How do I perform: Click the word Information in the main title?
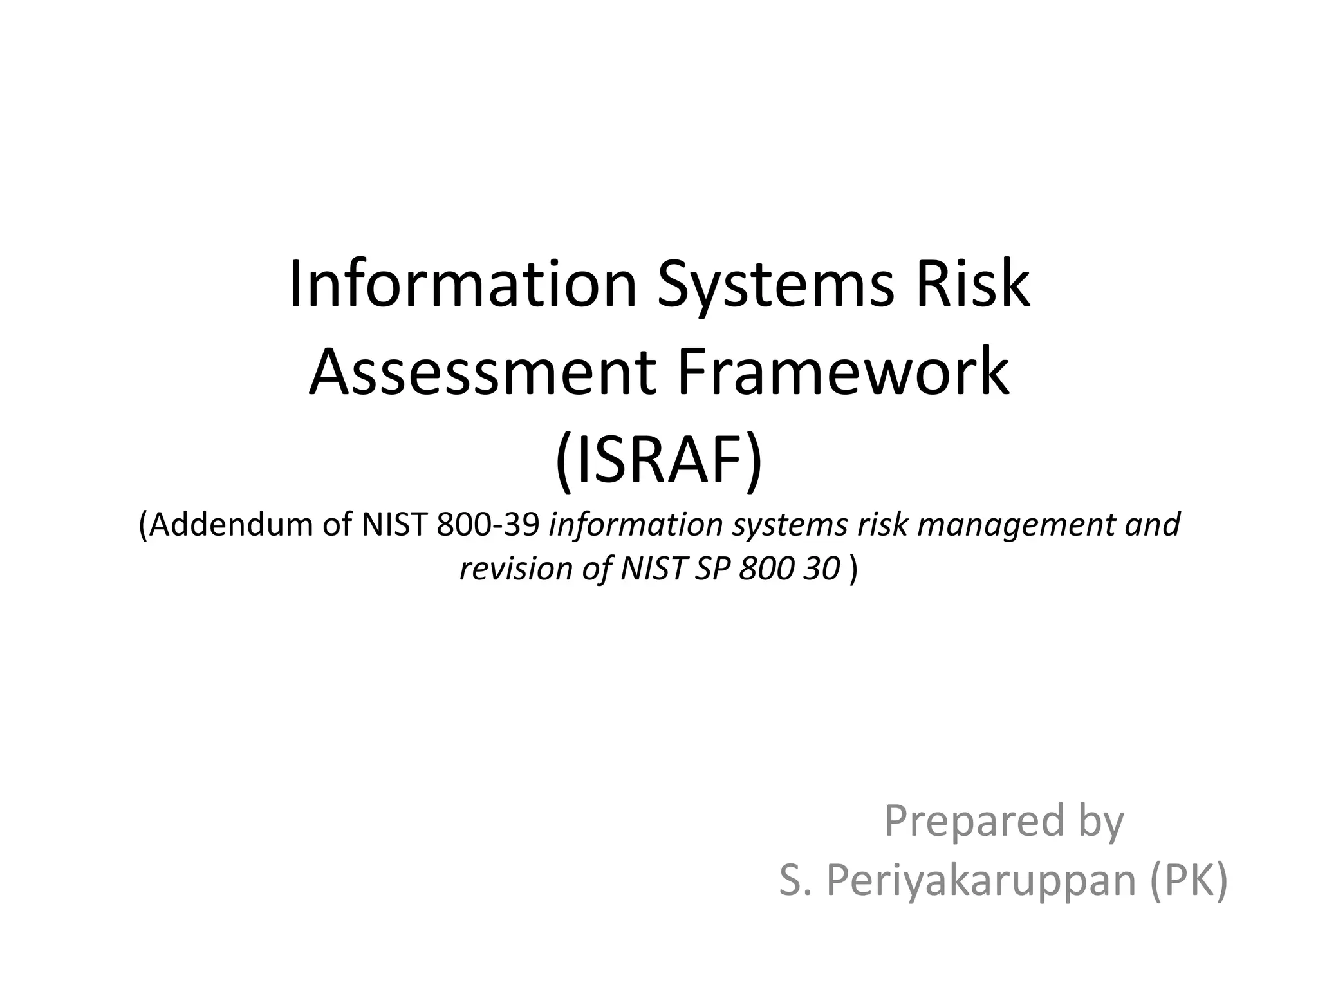pos(462,285)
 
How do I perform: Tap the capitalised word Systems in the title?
pos(775,285)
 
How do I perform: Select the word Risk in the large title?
pos(973,285)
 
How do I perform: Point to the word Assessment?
pos(482,373)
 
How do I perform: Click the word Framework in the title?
pos(842,373)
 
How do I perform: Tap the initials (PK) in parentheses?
pos(1190,880)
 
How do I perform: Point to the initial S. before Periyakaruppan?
pos(795,880)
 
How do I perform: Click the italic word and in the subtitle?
pos(1153,524)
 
